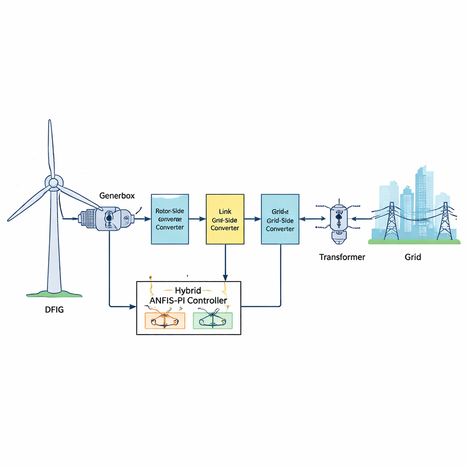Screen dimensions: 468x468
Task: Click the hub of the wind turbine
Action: click(53, 183)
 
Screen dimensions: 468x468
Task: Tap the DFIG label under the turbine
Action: click(54, 310)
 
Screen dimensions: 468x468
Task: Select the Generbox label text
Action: click(117, 195)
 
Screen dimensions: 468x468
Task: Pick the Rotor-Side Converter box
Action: click(170, 219)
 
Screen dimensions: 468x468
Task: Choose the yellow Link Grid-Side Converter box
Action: click(225, 219)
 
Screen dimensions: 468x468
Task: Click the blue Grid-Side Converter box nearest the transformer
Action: click(280, 219)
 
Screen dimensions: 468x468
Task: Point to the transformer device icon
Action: click(338, 219)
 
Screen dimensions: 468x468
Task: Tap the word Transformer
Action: click(342, 257)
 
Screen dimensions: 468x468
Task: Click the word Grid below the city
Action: click(412, 257)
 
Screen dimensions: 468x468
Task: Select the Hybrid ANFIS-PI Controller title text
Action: click(188, 296)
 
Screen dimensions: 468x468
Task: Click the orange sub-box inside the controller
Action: click(165, 321)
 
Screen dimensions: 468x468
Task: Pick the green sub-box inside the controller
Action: click(213, 321)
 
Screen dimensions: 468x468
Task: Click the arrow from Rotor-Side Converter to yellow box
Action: click(197, 219)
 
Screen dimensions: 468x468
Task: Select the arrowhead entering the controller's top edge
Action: click(225, 278)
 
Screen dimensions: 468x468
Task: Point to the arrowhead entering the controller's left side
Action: click(133, 306)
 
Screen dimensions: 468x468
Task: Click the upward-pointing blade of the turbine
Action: click(51, 146)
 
